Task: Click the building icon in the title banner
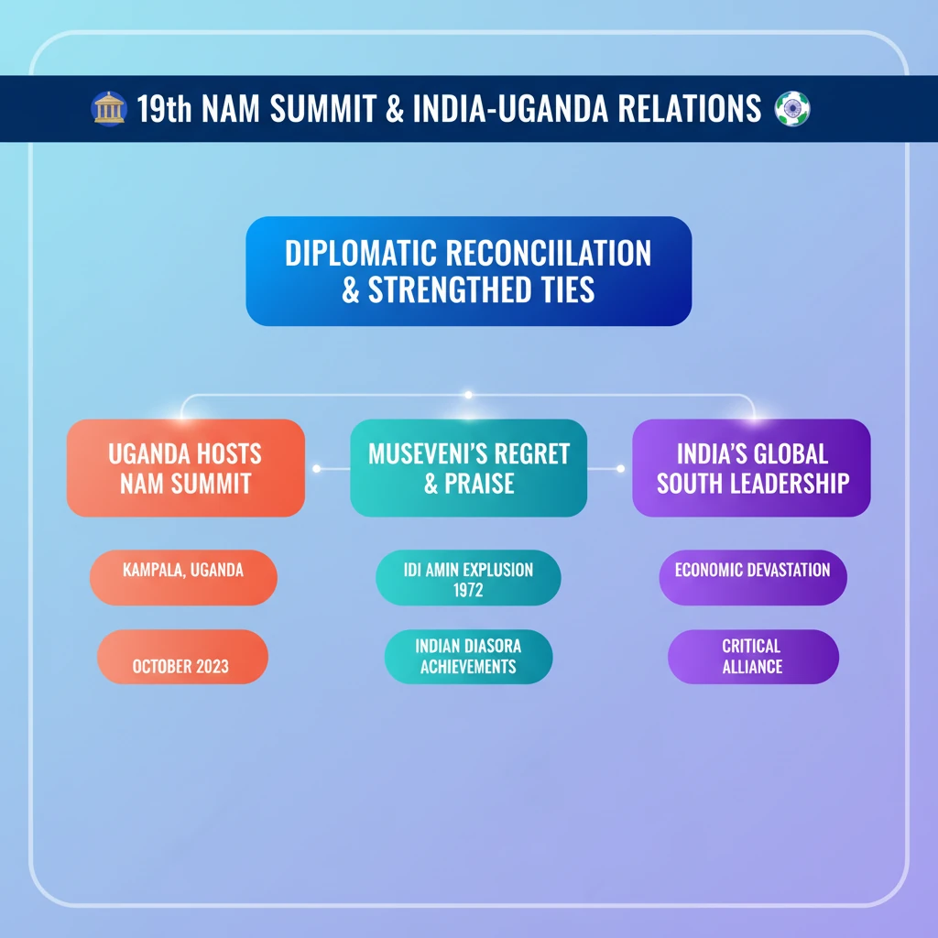pyautogui.click(x=109, y=109)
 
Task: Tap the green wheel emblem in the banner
pyautogui.click(x=792, y=109)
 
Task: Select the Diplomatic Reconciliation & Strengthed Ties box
pyautogui.click(x=468, y=271)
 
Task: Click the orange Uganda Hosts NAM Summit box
pyautogui.click(x=185, y=468)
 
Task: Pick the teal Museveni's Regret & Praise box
pyautogui.click(x=468, y=468)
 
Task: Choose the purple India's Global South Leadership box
pyautogui.click(x=752, y=468)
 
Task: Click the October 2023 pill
pyautogui.click(x=181, y=657)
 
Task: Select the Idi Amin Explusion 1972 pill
pyautogui.click(x=468, y=578)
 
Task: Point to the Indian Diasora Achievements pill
pyautogui.click(x=468, y=657)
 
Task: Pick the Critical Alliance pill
pyautogui.click(x=752, y=657)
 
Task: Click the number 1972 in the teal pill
pyautogui.click(x=468, y=590)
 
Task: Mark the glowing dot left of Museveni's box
pyautogui.click(x=316, y=469)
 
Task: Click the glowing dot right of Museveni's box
pyautogui.click(x=621, y=469)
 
